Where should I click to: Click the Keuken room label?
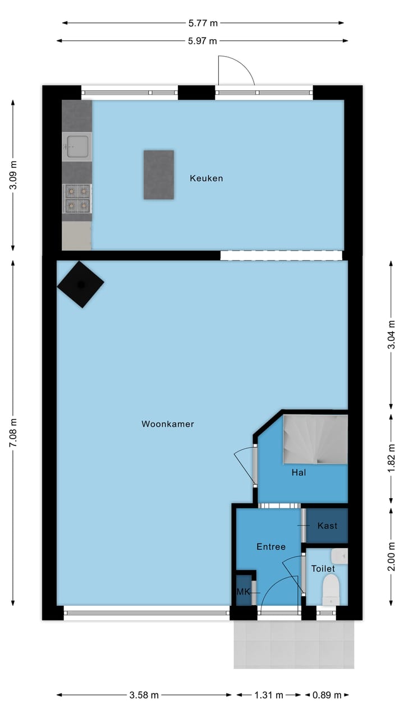(206, 178)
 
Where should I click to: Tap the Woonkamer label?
(168, 424)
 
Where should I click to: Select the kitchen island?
(158, 174)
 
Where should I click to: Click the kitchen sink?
(77, 146)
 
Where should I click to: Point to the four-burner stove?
(77, 199)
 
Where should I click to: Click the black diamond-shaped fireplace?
(81, 284)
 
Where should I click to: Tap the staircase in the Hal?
(315, 439)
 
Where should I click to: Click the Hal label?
(299, 473)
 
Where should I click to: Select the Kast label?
(327, 526)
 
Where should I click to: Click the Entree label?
(271, 546)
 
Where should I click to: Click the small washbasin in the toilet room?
(340, 556)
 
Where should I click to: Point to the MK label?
(243, 592)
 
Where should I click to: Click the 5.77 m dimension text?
(203, 23)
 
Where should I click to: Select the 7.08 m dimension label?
(13, 434)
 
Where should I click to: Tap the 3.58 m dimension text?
(144, 695)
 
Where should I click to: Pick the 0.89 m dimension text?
(327, 695)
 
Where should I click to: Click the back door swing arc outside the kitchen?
(236, 70)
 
